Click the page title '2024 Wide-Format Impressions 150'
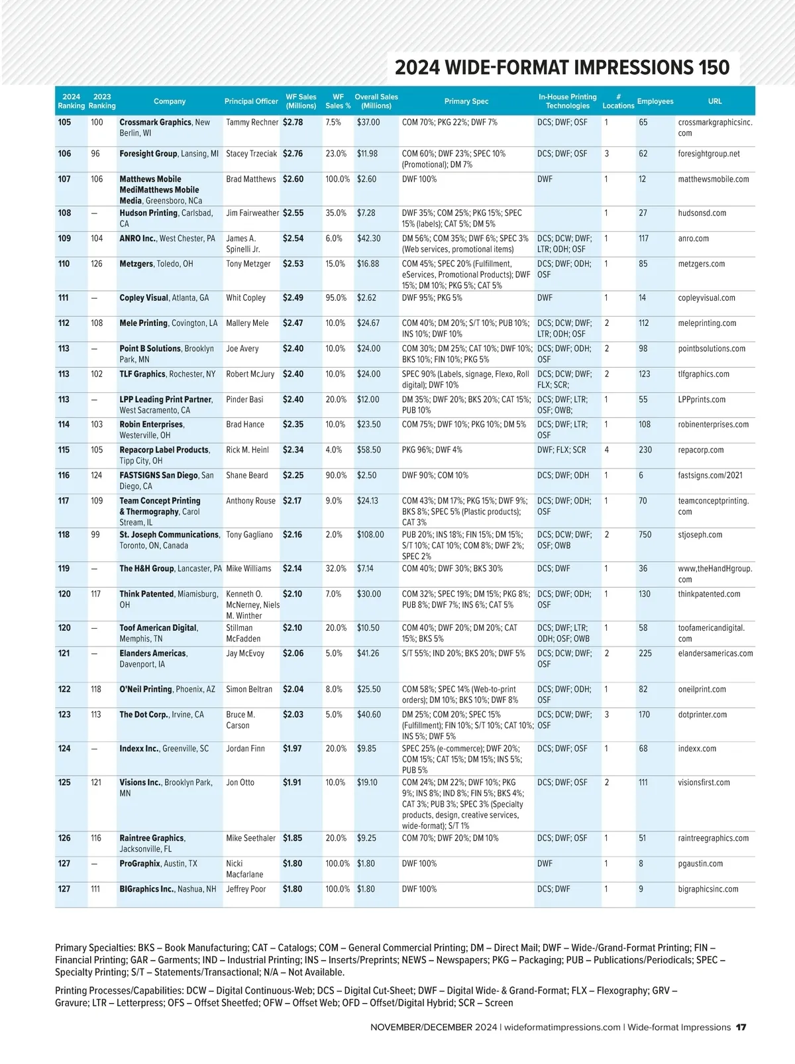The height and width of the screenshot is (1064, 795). pos(562,68)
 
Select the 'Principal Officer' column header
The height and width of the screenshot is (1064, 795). pos(251,101)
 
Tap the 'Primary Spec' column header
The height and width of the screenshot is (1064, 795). pos(466,101)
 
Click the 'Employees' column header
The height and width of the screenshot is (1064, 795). pos(655,101)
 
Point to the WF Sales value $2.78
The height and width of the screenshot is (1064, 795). pos(293,123)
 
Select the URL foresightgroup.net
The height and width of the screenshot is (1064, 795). pos(709,154)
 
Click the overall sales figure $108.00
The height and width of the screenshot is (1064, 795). pos(370,535)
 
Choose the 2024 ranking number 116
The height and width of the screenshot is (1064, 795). pos(64,476)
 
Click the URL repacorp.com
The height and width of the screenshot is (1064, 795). pos(700,450)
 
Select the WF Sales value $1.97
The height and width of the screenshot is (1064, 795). pos(292,749)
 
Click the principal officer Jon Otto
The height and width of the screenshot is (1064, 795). pos(240,782)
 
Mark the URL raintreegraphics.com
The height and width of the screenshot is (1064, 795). pos(714,838)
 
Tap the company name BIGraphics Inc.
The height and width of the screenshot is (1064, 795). pos(147,889)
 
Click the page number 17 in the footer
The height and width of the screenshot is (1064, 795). pos(741,1028)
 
